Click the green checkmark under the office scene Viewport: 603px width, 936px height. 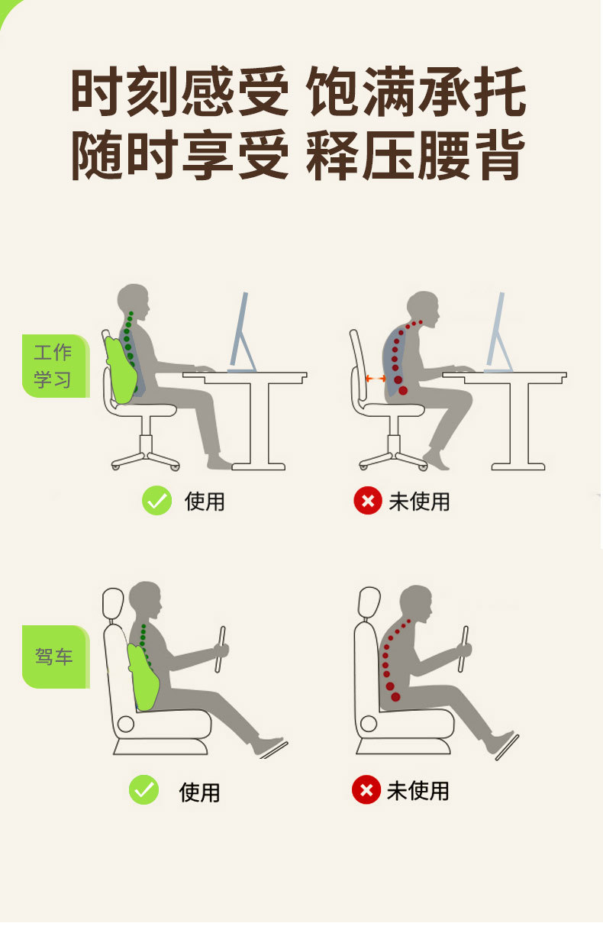[156, 501]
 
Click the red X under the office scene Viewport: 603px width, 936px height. [367, 501]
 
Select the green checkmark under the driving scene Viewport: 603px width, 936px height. [143, 790]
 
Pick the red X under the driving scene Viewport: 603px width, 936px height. [366, 790]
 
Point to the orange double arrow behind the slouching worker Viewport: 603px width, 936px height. [376, 378]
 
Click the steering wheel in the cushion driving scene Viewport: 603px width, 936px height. [221, 649]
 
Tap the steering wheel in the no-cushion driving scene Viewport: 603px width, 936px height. [463, 649]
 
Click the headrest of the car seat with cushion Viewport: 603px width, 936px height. [113, 603]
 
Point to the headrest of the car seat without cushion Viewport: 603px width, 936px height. [369, 603]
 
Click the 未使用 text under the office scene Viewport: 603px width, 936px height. [419, 502]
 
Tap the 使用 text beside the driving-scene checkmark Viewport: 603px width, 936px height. [199, 792]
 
